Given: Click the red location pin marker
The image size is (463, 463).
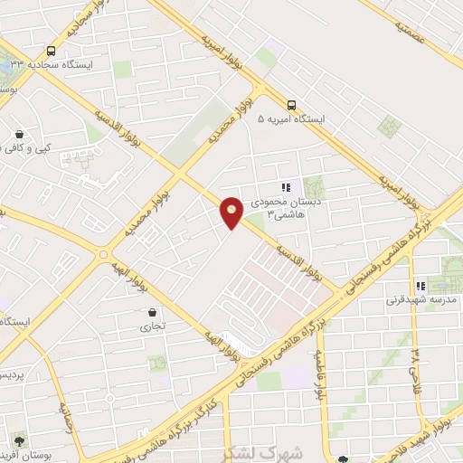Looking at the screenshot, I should [x=231, y=213].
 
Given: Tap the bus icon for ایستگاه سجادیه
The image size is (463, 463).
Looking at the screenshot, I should [x=51, y=52].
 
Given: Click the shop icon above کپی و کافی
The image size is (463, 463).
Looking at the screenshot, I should [x=19, y=135].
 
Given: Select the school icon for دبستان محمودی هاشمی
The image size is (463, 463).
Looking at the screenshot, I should [x=286, y=187].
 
